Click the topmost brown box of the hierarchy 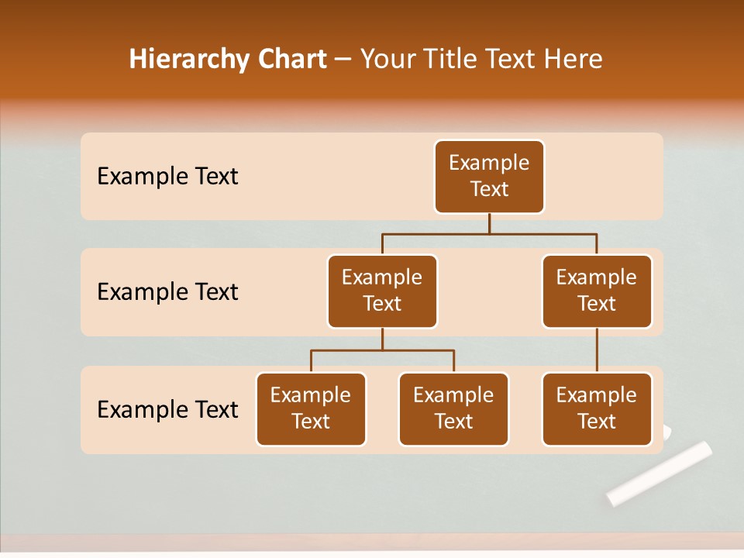tap(489, 177)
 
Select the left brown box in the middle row tap(382, 291)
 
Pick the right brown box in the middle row tap(597, 291)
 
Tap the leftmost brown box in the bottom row tap(311, 409)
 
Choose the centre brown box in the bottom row tap(453, 409)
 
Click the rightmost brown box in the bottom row tap(597, 409)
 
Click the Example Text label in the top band tap(167, 177)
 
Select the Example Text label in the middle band tap(167, 292)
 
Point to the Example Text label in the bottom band tap(167, 410)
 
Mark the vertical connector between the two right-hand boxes tap(597, 350)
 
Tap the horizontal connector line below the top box tap(489, 232)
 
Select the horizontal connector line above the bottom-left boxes tap(382, 350)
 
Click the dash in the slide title tap(343, 60)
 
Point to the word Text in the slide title tap(511, 59)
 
